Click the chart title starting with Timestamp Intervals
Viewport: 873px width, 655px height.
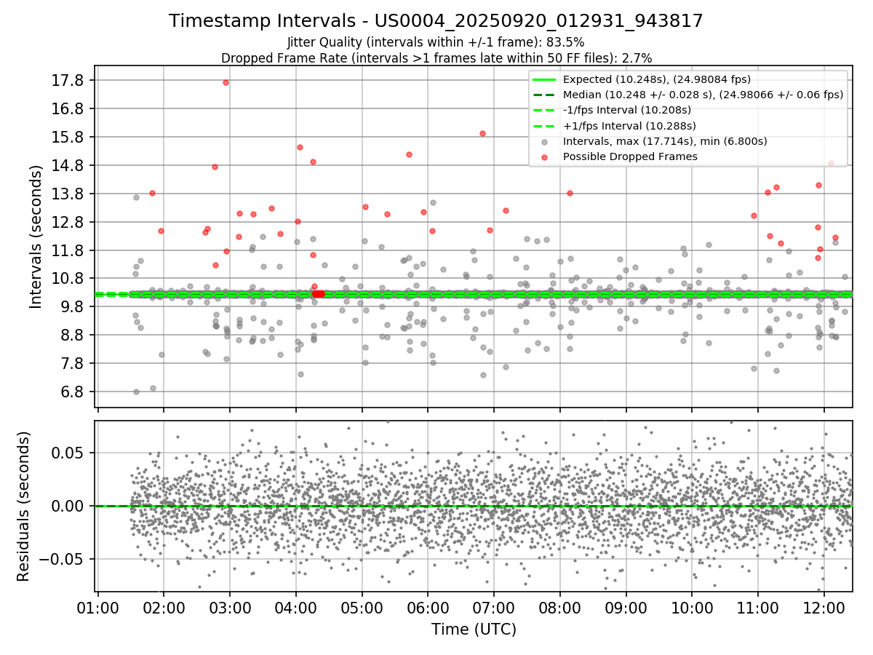click(x=436, y=21)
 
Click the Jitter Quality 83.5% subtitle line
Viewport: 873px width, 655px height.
click(x=436, y=42)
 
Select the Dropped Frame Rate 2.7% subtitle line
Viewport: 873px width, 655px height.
click(x=436, y=57)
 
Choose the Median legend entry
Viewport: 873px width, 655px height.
click(x=702, y=95)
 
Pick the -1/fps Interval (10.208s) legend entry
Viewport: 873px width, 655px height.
click(x=626, y=110)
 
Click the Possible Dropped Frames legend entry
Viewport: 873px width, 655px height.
click(x=629, y=156)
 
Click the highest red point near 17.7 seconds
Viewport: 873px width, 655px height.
click(x=226, y=82)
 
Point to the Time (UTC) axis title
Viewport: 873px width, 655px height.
click(x=474, y=629)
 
